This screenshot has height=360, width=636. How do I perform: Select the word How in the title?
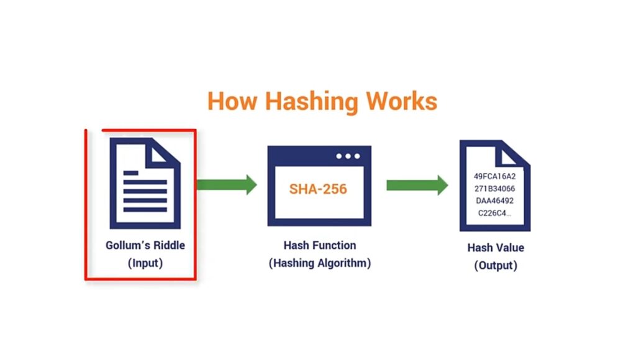(x=230, y=101)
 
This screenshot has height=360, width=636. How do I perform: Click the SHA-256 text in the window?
(x=318, y=189)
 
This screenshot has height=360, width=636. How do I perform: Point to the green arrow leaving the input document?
(x=226, y=184)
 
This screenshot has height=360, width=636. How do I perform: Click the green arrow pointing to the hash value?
(x=417, y=185)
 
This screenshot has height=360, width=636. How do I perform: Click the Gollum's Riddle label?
(x=145, y=245)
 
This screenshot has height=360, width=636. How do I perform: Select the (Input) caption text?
(x=145, y=263)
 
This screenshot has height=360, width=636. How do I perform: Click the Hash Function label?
(x=319, y=245)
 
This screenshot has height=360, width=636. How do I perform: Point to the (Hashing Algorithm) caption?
(x=319, y=263)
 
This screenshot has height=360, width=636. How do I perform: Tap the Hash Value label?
(x=496, y=248)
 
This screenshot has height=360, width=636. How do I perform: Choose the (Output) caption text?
(x=496, y=266)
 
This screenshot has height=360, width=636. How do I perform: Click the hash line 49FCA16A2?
(x=494, y=176)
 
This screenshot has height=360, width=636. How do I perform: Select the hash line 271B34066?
(x=494, y=189)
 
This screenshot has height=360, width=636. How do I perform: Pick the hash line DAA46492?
(x=494, y=201)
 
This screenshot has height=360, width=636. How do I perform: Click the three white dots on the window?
(x=348, y=156)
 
